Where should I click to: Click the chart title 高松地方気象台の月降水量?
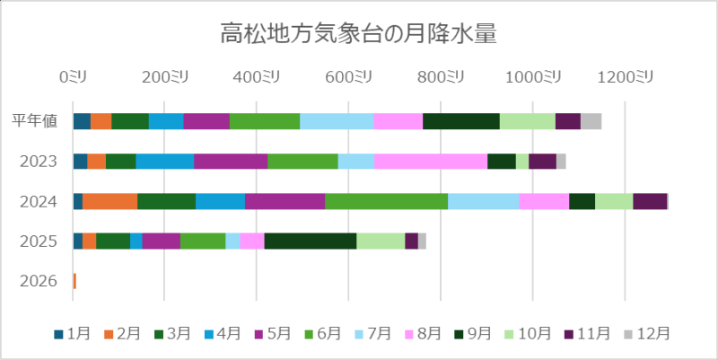coord(359,35)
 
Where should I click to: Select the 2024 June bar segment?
coord(386,201)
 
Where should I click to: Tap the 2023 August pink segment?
coord(431,161)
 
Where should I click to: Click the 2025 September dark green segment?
coord(311,241)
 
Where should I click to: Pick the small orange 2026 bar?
coord(74,281)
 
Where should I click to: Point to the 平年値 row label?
coord(36,121)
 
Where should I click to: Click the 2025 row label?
coord(39,241)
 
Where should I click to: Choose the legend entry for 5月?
coord(276,333)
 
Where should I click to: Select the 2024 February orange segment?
coord(109,201)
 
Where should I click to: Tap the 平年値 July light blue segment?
coord(336,121)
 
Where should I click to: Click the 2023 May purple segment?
coord(231,161)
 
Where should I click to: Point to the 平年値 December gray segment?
coord(591,121)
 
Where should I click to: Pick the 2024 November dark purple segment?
coord(650,201)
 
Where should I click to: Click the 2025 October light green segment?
coord(381,241)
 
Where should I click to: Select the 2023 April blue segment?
coord(164,161)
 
